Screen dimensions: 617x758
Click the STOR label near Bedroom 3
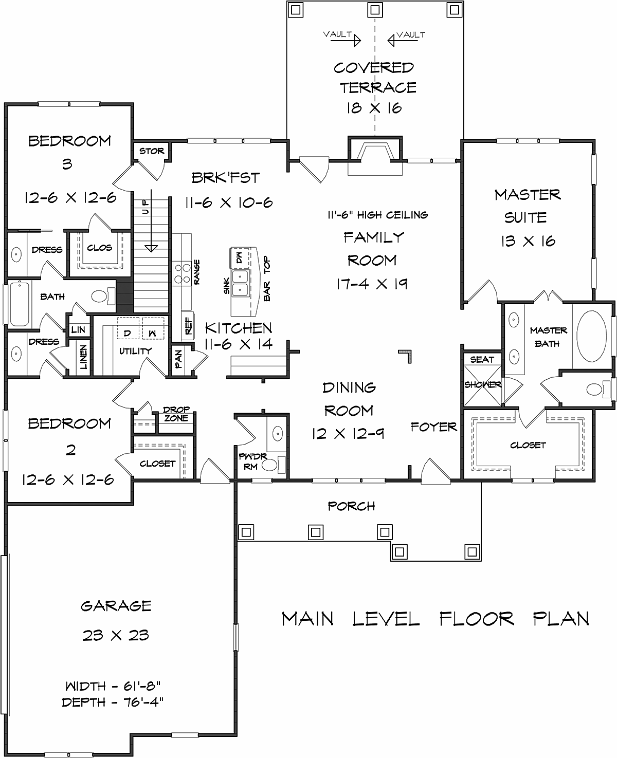[152, 151]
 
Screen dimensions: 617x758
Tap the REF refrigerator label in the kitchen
[188, 326]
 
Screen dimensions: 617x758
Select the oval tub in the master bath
[591, 336]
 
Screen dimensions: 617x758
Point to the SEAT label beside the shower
[482, 359]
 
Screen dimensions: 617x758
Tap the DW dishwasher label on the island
[239, 257]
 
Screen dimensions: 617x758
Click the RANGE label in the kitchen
[196, 272]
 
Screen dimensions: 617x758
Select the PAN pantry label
[178, 359]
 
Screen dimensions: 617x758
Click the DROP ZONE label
[176, 414]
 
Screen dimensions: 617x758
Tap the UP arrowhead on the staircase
[151, 248]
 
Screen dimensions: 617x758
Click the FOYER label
[433, 427]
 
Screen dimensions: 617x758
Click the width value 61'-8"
[142, 686]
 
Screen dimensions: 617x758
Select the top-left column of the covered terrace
[296, 10]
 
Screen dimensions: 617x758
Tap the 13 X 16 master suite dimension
[528, 242]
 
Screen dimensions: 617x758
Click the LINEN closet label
[83, 357]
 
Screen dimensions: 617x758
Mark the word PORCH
[351, 506]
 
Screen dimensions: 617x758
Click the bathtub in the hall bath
[19, 304]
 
